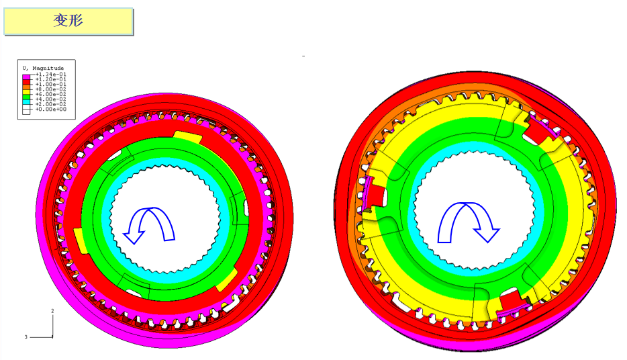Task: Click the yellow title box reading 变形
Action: coord(68,21)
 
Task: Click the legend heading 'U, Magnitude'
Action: coord(43,68)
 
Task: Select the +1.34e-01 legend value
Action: coord(51,75)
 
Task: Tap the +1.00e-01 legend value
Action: coord(51,85)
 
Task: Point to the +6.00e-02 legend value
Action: coord(51,95)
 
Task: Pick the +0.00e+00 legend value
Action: coord(51,109)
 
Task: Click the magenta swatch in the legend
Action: coord(26,77)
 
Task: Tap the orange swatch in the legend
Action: coord(26,87)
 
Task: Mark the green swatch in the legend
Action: coord(26,97)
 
